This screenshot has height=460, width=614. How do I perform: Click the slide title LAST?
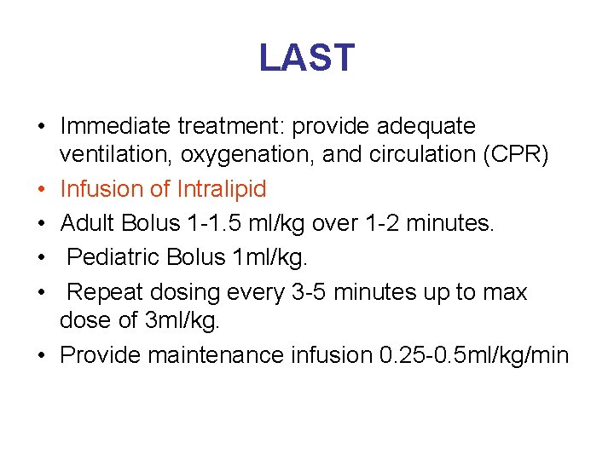306,58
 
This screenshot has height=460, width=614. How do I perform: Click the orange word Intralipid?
222,188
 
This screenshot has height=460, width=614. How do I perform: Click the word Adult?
89,223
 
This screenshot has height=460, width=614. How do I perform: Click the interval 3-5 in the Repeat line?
310,292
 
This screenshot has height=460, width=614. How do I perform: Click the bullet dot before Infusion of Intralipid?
41,189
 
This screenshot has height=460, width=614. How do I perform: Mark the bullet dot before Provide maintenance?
41,355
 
